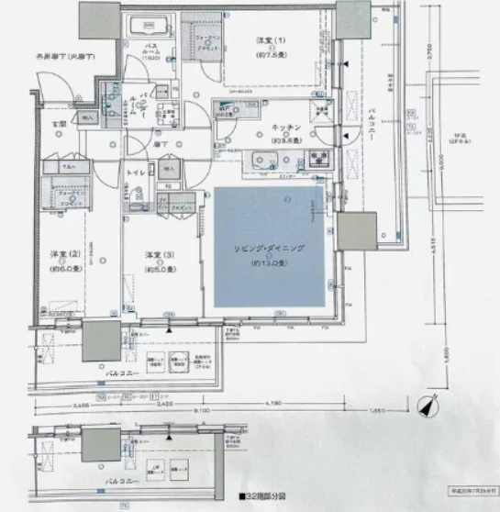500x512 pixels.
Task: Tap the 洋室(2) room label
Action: pyautogui.click(x=61, y=253)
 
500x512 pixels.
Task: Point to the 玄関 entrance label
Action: pyautogui.click(x=58, y=123)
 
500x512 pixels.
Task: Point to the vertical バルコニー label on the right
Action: pyautogui.click(x=374, y=120)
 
